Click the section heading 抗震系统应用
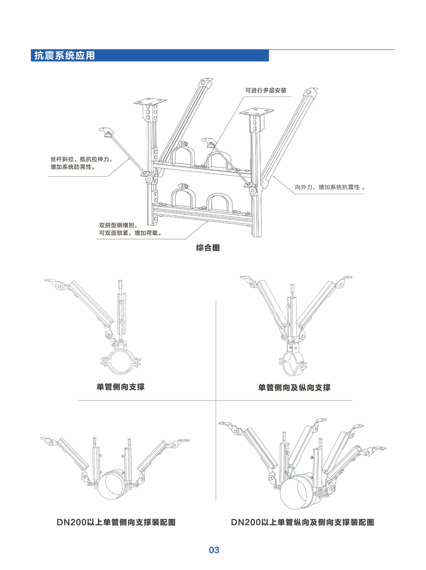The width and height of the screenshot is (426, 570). (x=65, y=55)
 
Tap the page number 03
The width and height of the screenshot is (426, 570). (x=214, y=550)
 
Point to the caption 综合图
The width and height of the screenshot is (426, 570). (x=208, y=248)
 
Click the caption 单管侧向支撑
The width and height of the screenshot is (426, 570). (x=120, y=387)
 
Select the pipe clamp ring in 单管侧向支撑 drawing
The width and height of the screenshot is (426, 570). (x=120, y=362)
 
